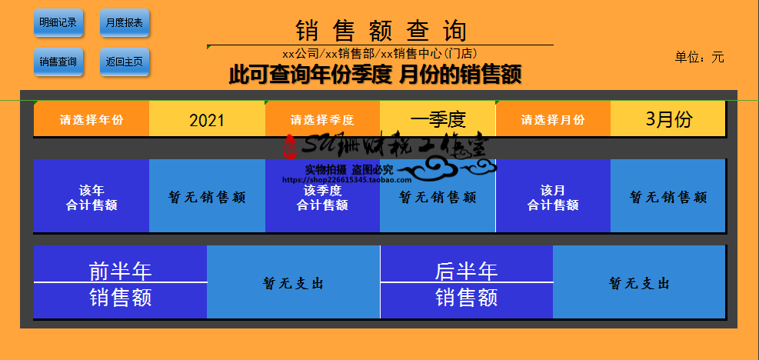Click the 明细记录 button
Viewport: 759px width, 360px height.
point(58,22)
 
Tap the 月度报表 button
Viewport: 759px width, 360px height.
point(124,22)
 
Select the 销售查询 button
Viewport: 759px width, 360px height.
point(58,62)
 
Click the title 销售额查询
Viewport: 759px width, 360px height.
point(381,31)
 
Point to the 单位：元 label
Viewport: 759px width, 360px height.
point(699,57)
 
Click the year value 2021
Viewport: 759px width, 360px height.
point(207,120)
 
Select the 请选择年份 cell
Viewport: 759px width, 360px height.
point(92,120)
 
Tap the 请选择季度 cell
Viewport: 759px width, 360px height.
point(322,120)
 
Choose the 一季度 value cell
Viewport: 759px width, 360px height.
point(438,119)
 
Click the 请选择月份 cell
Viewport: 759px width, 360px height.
point(553,120)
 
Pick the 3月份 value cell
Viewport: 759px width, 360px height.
point(668,119)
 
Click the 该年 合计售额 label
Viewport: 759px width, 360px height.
point(92,197)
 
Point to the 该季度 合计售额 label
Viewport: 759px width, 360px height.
point(322,197)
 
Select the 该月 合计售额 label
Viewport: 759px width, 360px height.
point(553,197)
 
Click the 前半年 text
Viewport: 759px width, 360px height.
point(120,271)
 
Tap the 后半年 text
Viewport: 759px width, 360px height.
point(466,271)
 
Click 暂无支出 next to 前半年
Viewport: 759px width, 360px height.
point(293,283)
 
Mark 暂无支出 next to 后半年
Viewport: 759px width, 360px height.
point(639,283)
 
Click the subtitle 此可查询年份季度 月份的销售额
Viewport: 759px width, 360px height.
point(375,75)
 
